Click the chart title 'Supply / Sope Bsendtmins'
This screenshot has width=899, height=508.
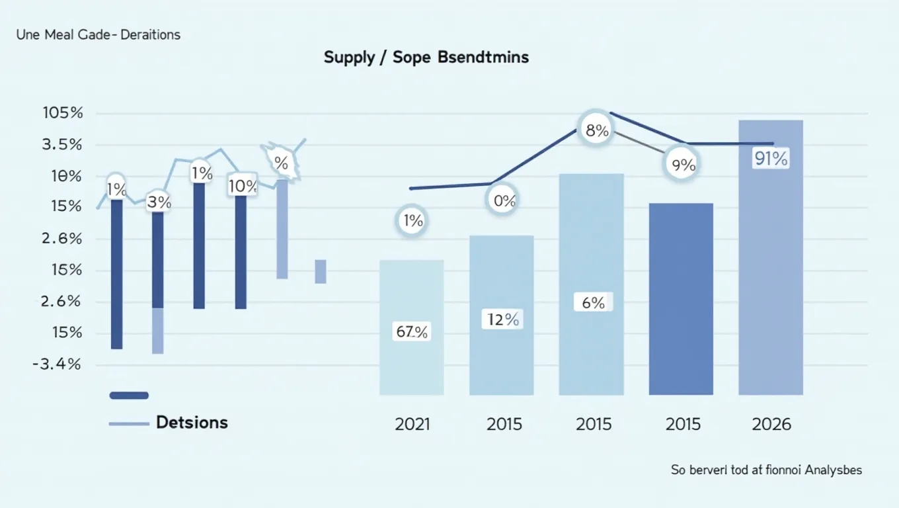[426, 58]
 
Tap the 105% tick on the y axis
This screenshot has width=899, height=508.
[63, 113]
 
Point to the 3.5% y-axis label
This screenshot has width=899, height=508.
[62, 145]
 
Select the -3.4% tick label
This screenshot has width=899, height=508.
[57, 364]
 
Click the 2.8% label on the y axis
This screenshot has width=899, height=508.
[62, 239]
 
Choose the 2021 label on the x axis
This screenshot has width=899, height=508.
[412, 424]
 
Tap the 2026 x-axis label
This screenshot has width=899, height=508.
[771, 424]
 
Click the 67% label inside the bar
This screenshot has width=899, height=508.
[412, 332]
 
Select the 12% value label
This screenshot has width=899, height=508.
[503, 320]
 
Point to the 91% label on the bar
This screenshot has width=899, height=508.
[770, 159]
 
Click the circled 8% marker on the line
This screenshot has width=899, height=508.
[597, 131]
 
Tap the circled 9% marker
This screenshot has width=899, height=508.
[683, 165]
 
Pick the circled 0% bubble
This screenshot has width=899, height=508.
[504, 201]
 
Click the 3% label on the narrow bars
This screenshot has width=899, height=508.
[159, 202]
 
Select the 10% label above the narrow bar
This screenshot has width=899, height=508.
[242, 187]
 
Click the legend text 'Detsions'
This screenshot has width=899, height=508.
[192, 423]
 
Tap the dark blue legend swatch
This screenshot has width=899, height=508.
[129, 396]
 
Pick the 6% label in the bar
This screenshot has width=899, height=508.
[593, 303]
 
